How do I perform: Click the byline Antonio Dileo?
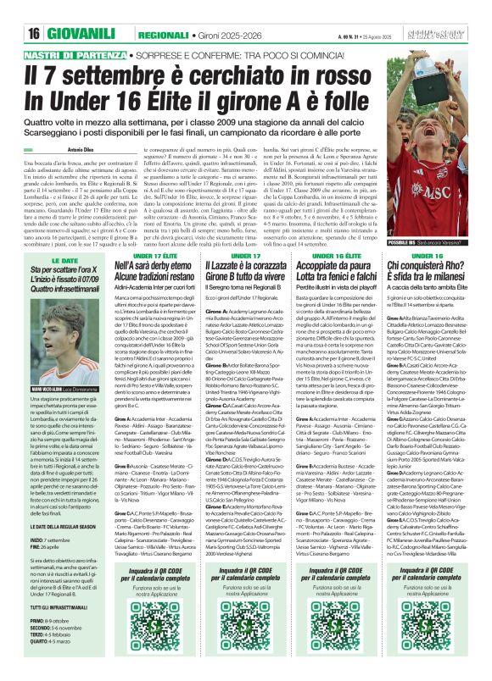pos(85,149)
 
